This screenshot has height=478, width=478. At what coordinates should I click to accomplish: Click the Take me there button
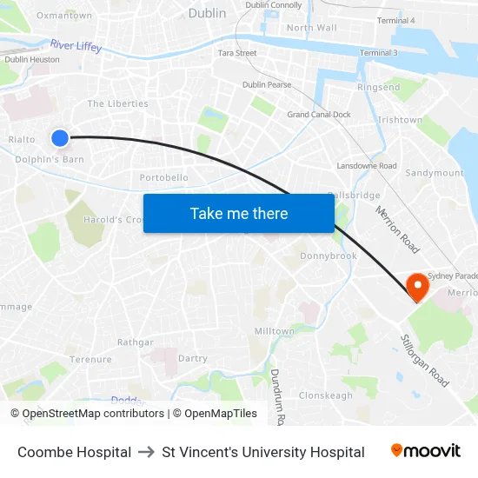(239, 213)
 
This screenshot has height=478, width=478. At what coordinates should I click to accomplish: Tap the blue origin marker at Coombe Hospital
(60, 137)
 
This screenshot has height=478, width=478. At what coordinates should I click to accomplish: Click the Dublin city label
(207, 13)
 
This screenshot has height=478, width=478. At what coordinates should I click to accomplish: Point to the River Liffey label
(76, 45)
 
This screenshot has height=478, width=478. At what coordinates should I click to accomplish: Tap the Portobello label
(164, 177)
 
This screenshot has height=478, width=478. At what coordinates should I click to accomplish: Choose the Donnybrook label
(329, 256)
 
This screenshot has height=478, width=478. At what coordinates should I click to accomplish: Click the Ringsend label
(378, 88)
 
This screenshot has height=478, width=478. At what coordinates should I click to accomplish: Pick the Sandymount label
(435, 173)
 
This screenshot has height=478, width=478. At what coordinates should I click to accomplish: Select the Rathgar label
(135, 342)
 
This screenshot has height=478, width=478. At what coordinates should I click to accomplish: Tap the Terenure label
(90, 359)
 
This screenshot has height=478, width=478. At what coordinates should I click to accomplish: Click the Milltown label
(274, 331)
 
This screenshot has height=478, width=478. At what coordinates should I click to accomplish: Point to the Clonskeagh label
(326, 395)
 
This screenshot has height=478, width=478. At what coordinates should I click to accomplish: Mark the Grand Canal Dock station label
(319, 114)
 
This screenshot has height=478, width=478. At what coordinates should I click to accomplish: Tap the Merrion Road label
(397, 229)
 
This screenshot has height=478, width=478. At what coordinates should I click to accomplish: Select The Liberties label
(117, 103)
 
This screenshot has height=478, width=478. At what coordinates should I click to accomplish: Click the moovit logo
(426, 451)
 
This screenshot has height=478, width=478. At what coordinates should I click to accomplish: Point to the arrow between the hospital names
(147, 452)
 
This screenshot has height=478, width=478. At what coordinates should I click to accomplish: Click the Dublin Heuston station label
(32, 59)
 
